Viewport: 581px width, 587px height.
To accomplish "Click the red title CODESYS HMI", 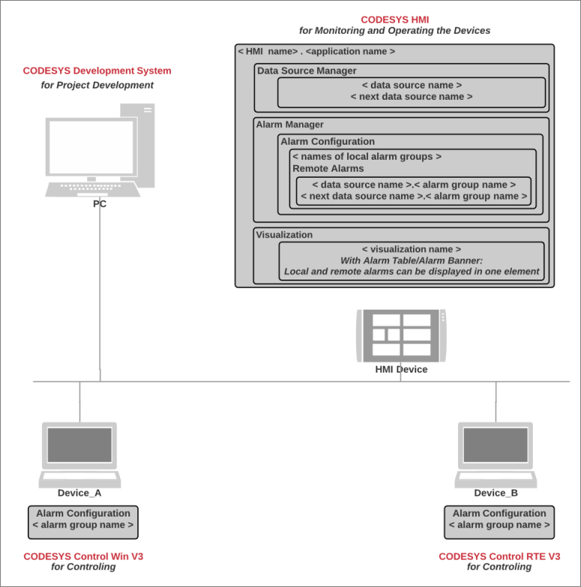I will (395, 19).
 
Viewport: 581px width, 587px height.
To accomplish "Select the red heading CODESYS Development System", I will (97, 71).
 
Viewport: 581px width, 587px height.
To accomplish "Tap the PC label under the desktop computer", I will (100, 204).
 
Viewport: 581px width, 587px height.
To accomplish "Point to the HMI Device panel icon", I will (401, 334).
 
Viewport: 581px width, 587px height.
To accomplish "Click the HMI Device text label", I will (401, 370).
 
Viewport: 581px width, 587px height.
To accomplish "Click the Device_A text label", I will (79, 493).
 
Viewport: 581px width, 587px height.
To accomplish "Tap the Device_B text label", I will (496, 493).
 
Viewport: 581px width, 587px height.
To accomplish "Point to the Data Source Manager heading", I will (307, 71).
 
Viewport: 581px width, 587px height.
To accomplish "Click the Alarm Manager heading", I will (290, 124).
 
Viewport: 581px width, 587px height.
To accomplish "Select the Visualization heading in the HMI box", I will (284, 235).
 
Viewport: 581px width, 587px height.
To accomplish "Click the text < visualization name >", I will (411, 249).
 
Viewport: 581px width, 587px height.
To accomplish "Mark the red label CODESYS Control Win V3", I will (83, 556).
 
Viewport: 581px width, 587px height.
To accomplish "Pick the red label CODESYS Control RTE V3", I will (499, 556).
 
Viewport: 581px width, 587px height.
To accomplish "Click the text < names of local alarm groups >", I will (367, 157).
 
